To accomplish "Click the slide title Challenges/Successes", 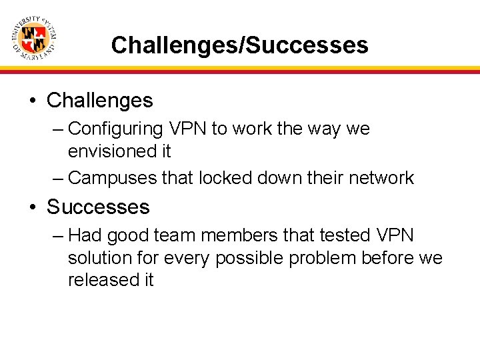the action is tap(239, 45).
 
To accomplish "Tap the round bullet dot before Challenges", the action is tap(32, 101).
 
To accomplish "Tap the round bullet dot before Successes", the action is tap(32, 207).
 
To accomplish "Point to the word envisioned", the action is tap(110, 151).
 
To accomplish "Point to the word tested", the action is tap(341, 235).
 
